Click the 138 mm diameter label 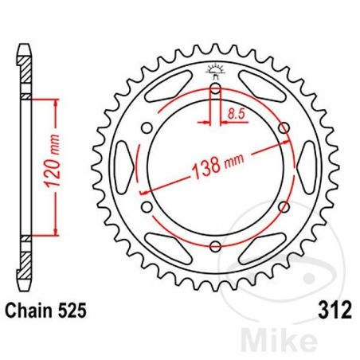point(217,166)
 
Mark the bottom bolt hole point(216,246)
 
